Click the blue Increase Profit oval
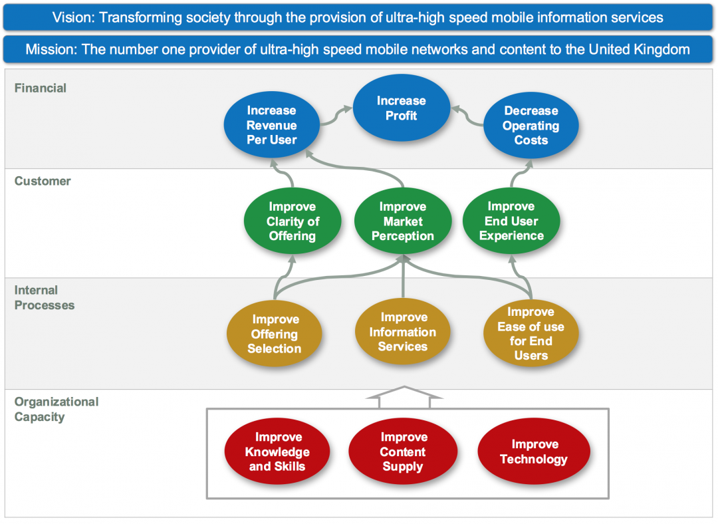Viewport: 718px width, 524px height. (x=401, y=108)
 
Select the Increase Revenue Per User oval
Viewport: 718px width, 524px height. (x=271, y=125)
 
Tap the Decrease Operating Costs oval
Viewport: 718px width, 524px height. (x=531, y=125)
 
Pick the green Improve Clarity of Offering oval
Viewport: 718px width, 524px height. (x=293, y=221)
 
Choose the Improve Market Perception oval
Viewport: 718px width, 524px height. (x=402, y=221)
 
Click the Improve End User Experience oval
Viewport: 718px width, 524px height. (x=511, y=221)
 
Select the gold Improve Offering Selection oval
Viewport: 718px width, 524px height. (x=274, y=334)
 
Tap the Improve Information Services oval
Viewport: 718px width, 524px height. (x=403, y=332)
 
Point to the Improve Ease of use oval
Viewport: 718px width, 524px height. (x=531, y=333)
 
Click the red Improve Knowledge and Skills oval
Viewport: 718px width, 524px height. (x=277, y=452)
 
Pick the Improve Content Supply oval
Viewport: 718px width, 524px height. (x=403, y=452)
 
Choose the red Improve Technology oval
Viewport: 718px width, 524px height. (x=534, y=452)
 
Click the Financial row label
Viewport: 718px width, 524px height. (x=41, y=88)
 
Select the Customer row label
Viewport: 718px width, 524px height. (x=43, y=181)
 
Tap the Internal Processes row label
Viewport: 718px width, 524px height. (x=44, y=298)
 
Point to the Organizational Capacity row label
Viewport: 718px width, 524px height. (x=56, y=410)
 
